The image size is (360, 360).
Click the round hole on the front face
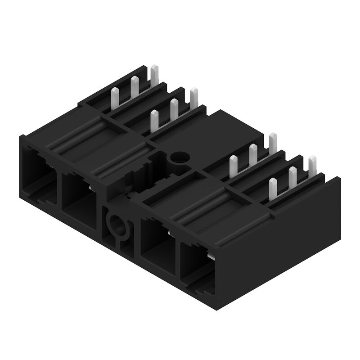coord(116,224)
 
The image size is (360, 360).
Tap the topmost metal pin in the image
coord(154,73)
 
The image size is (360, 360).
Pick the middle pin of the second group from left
coord(174,108)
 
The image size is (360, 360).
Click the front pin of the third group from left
coord(233,165)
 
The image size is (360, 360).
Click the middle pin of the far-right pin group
coord(293,176)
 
